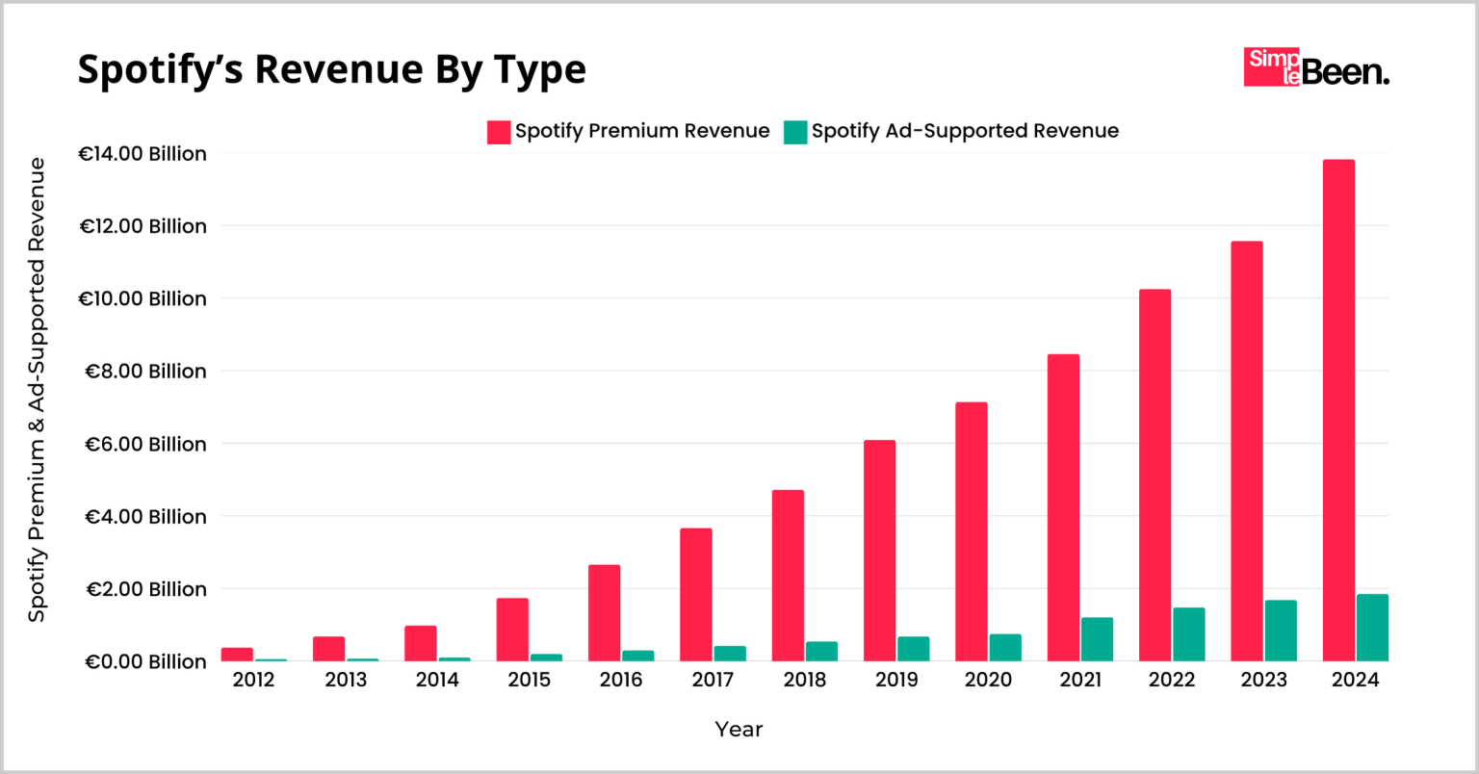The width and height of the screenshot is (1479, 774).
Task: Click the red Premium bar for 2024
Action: coord(1338,410)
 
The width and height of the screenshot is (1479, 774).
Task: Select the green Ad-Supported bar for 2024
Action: coord(1372,628)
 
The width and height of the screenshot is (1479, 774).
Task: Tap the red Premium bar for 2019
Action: coord(879,551)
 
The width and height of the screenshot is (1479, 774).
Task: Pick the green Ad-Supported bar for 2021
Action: coord(1097,639)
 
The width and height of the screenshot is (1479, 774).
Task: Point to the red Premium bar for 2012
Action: coord(237,655)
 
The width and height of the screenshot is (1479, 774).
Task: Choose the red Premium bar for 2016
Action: coord(604,612)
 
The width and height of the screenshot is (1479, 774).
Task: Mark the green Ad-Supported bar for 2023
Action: coord(1281,631)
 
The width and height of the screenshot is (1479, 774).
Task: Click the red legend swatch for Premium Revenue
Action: coord(498,132)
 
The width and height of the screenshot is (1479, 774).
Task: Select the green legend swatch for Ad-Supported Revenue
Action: coord(794,132)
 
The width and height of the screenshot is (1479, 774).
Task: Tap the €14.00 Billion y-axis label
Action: coord(143,154)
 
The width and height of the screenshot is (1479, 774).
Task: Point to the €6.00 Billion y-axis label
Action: coord(144,444)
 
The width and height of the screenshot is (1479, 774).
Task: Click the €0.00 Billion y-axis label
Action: coord(144,661)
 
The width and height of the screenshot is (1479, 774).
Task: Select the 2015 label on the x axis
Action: coord(529,681)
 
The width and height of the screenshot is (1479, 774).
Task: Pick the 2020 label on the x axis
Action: coord(988,681)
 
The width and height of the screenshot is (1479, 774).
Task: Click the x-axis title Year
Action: coord(739,730)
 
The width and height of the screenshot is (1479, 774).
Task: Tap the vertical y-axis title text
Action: coord(37,390)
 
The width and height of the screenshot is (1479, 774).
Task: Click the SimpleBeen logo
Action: coord(1315,67)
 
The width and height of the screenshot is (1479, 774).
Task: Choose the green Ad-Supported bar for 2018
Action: coord(821,651)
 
